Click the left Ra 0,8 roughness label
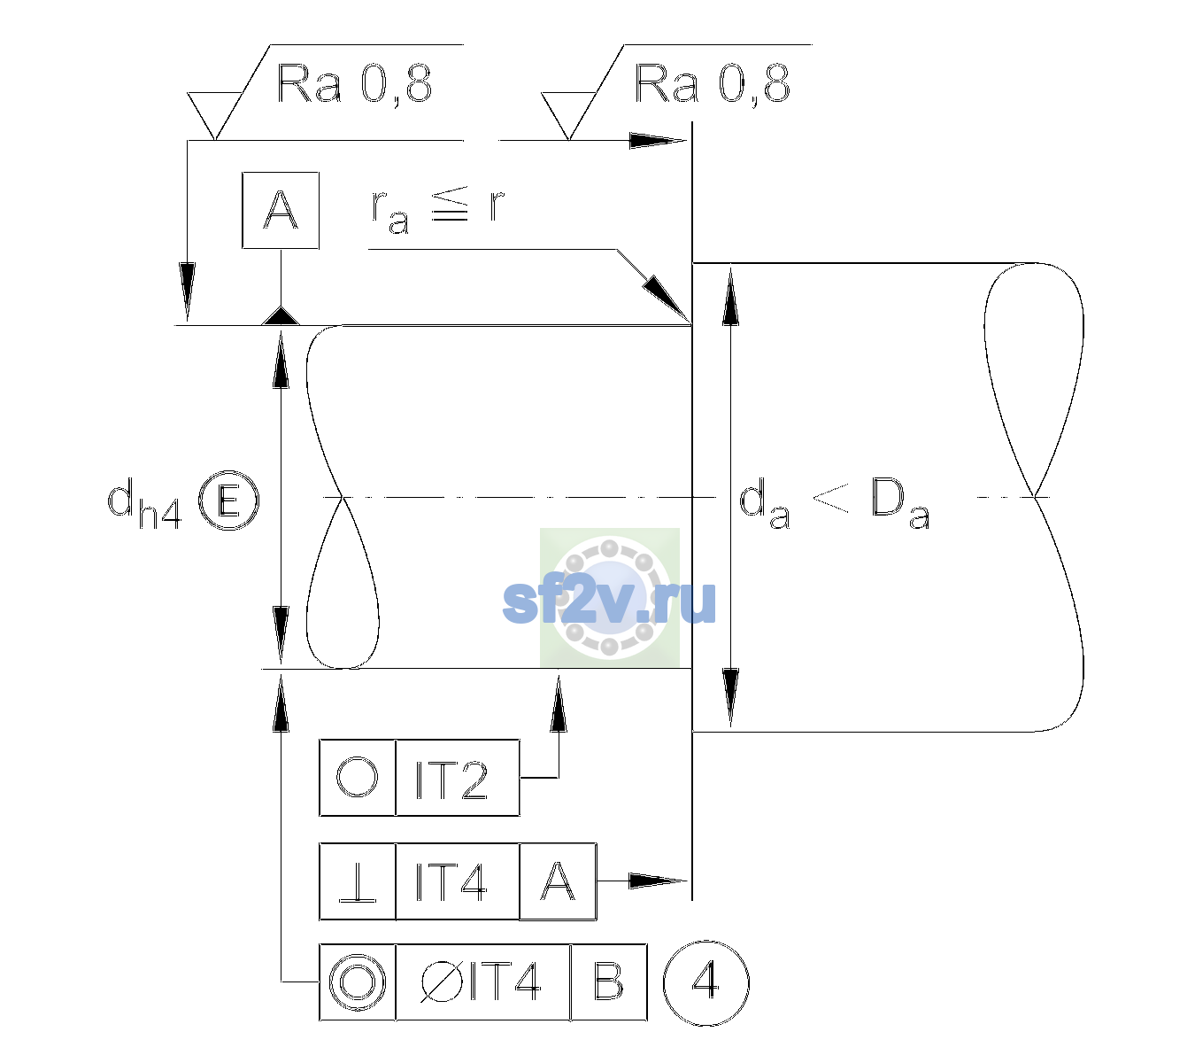click(x=354, y=84)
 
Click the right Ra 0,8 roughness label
click(x=712, y=84)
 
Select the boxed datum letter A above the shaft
click(x=281, y=210)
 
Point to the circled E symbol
click(x=228, y=500)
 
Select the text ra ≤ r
click(x=437, y=210)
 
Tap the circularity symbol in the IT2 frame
click(x=357, y=777)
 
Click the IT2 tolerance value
click(x=451, y=780)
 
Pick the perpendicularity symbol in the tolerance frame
click(x=358, y=881)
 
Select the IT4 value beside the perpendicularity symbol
click(x=451, y=881)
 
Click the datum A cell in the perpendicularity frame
click(x=558, y=881)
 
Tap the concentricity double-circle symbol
click(x=358, y=982)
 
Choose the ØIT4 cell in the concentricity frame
click(x=482, y=982)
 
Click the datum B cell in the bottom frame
click(x=609, y=982)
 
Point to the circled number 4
click(x=706, y=982)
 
